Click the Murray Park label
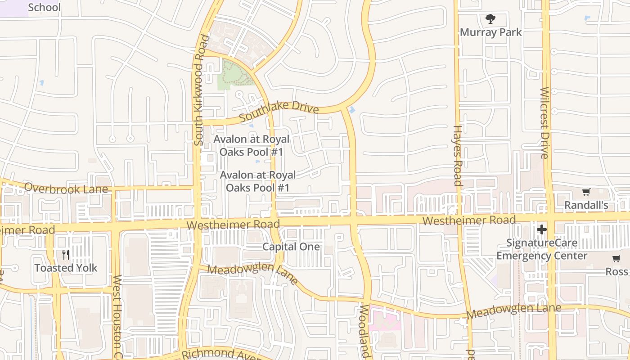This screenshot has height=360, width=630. (490, 32)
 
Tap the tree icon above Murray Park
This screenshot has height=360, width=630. (490, 19)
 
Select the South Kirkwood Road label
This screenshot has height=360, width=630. (201, 90)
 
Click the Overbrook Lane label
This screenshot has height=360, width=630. (66, 188)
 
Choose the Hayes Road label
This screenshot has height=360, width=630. (458, 155)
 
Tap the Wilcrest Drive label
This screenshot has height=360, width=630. (544, 122)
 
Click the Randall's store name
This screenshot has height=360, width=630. (586, 205)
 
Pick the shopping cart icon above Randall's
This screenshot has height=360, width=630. (586, 192)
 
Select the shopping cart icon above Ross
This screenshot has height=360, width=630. (616, 259)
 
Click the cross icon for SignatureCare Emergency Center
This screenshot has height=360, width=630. (541, 229)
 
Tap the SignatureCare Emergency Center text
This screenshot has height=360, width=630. (542, 249)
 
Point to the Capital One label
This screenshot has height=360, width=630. (291, 247)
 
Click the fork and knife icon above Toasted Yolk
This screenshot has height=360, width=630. (66, 255)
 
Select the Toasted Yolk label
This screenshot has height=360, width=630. (66, 268)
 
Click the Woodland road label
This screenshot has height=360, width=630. (365, 331)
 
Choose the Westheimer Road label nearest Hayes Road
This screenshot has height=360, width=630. (469, 220)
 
